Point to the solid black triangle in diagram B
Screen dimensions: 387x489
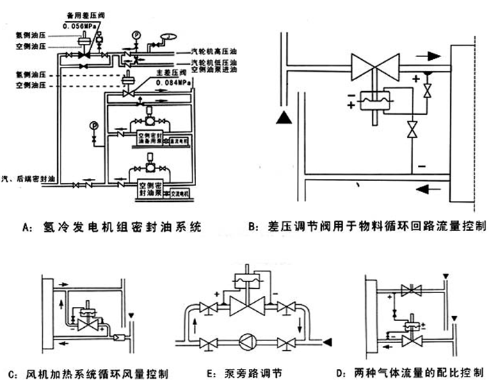pos(281,118)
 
